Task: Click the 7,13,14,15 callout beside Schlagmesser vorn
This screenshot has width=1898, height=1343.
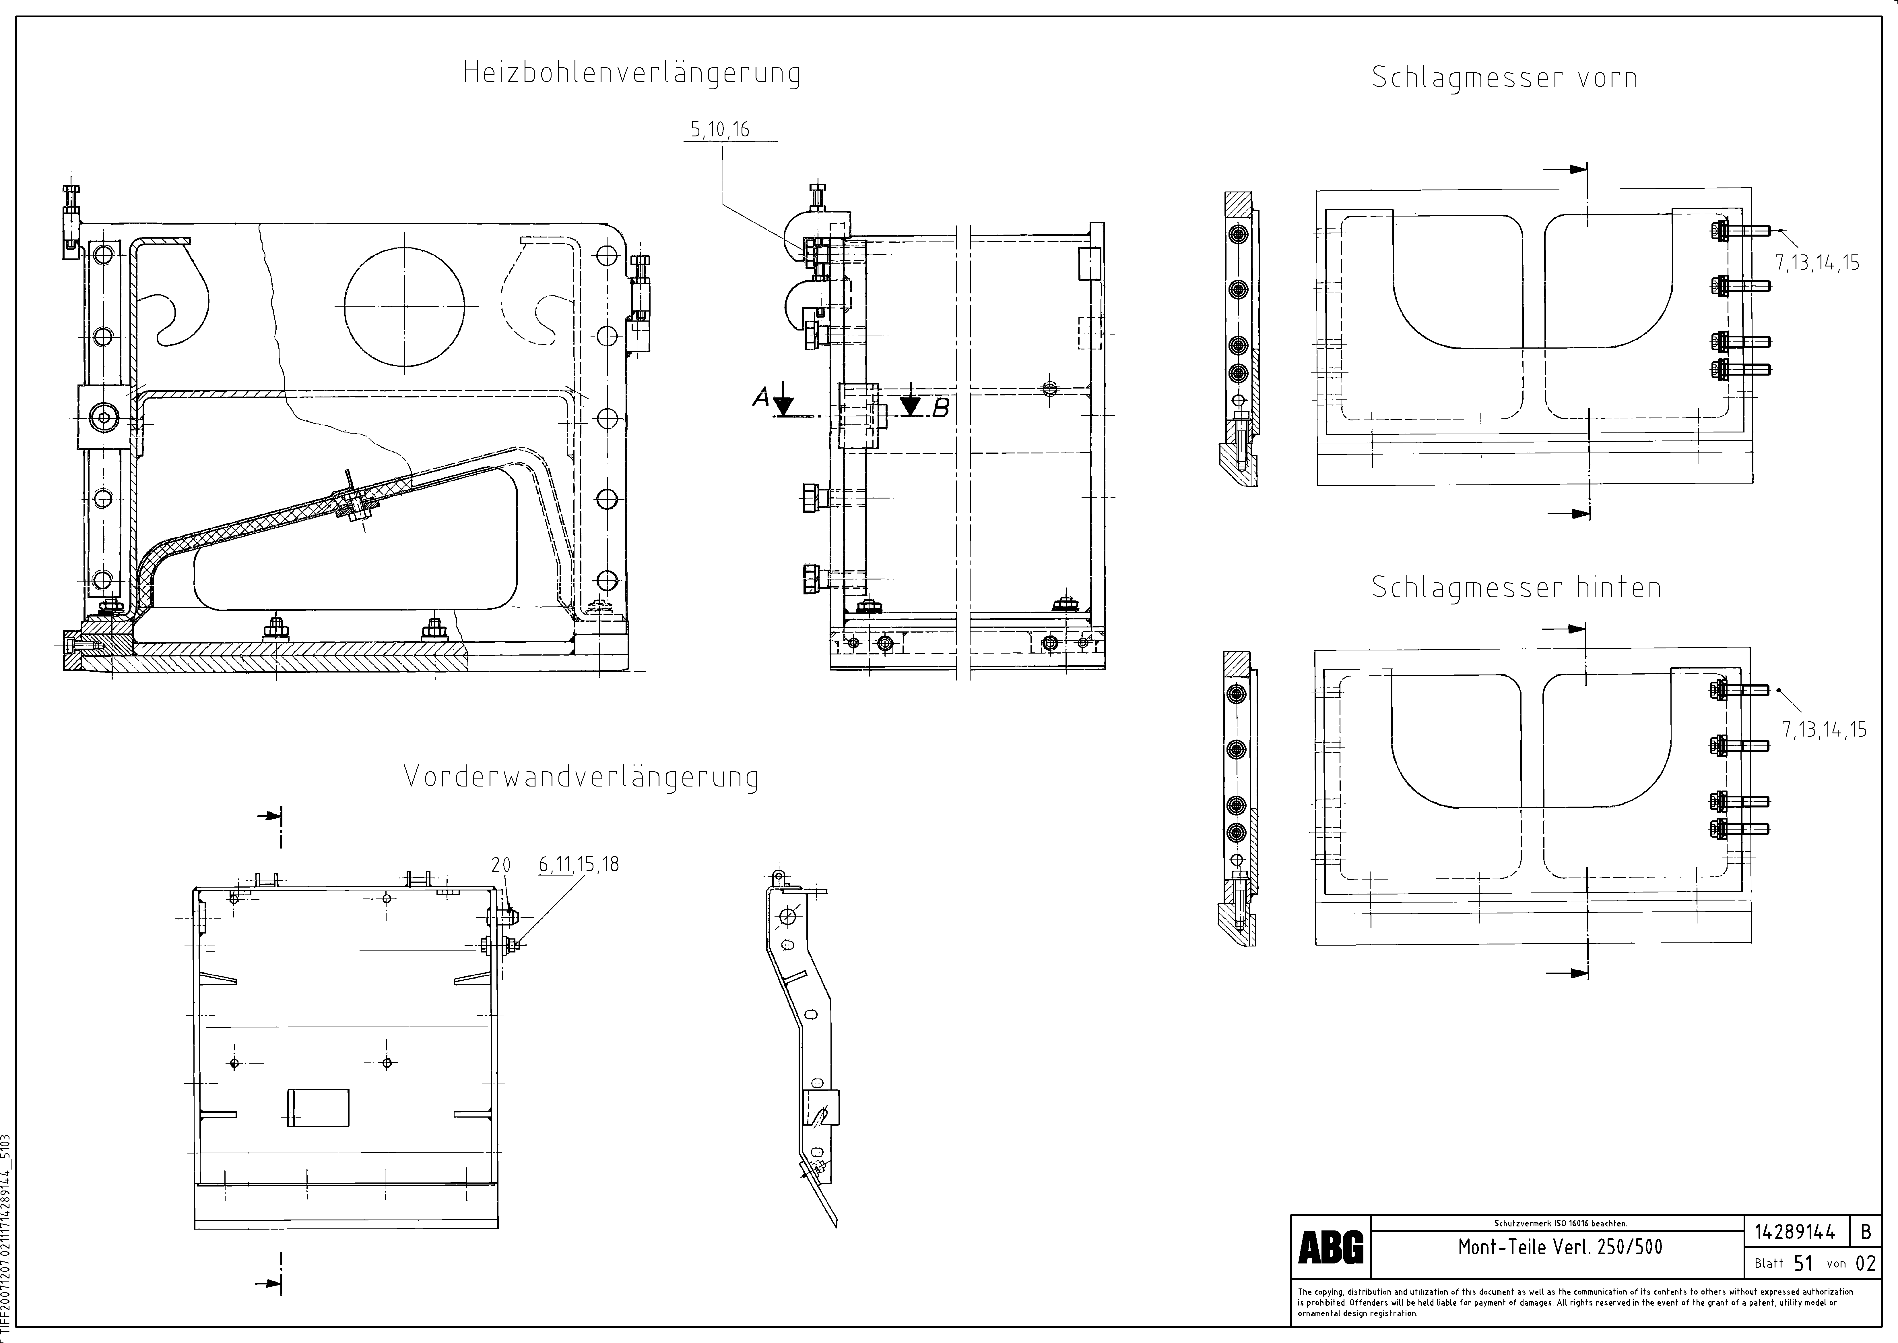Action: pyautogui.click(x=1817, y=263)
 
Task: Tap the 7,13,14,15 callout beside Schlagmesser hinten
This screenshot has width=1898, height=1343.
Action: pyautogui.click(x=1824, y=729)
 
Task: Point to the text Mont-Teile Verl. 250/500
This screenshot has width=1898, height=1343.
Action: pyautogui.click(x=1560, y=1247)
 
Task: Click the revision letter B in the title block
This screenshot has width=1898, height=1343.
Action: pyautogui.click(x=1866, y=1232)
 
